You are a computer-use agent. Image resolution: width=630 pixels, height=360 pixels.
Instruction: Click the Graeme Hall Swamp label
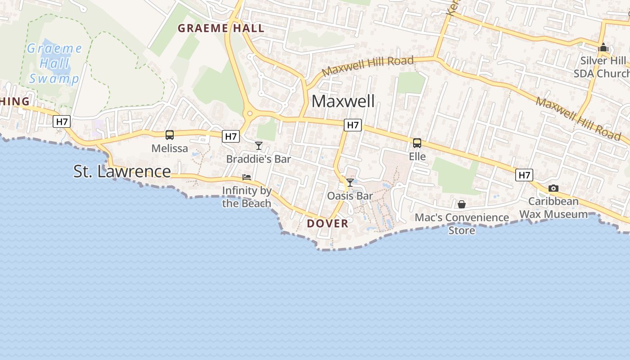tap(54, 63)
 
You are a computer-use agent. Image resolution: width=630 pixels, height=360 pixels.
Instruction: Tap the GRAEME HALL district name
tap(220, 28)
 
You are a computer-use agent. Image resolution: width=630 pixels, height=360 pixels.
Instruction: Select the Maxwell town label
tap(343, 101)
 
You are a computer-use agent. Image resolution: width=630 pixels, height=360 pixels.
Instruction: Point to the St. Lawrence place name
tap(122, 171)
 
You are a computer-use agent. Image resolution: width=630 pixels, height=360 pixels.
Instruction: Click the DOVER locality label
tap(328, 224)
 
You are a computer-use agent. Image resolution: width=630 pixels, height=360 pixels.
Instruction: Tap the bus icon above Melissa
tap(170, 135)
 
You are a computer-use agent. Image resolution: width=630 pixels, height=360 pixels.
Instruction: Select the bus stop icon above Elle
tap(417, 143)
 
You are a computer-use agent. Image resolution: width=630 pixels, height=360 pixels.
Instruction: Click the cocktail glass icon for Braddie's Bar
tap(259, 145)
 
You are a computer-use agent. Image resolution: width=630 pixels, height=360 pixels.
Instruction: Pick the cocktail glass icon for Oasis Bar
tap(350, 182)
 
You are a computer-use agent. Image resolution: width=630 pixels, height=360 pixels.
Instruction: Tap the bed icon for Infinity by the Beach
tap(247, 177)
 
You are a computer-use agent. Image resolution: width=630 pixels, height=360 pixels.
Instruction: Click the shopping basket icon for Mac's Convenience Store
tap(462, 204)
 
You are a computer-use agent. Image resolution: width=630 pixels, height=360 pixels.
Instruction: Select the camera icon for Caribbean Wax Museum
tap(553, 188)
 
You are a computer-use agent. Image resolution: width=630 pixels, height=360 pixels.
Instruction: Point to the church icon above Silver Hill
tap(603, 47)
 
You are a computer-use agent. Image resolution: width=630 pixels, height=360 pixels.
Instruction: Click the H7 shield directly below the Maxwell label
tap(353, 125)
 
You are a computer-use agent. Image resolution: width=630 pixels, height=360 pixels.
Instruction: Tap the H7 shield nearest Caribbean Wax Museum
tap(524, 175)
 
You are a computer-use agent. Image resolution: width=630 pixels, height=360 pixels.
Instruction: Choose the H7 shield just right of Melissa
tap(231, 136)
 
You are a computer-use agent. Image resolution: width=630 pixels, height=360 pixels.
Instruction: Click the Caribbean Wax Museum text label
tap(553, 207)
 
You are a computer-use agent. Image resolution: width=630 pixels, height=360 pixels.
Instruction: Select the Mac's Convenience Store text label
tap(462, 224)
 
